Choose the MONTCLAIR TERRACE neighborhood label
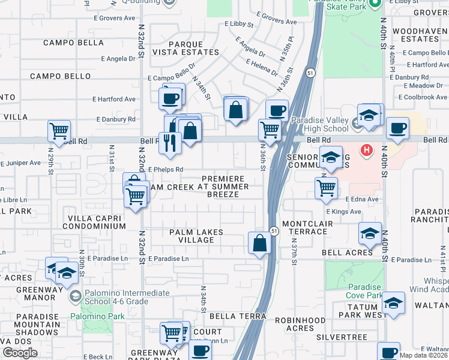pos(303,227)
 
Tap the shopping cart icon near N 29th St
pos(59,131)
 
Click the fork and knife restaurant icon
pos(170,143)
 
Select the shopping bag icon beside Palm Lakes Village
pos(259,243)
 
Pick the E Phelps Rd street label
pos(165,170)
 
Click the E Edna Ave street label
pos(362,199)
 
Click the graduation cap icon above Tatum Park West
pos(393,304)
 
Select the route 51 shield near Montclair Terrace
pos(274,231)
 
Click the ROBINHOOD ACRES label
pos(300,324)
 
